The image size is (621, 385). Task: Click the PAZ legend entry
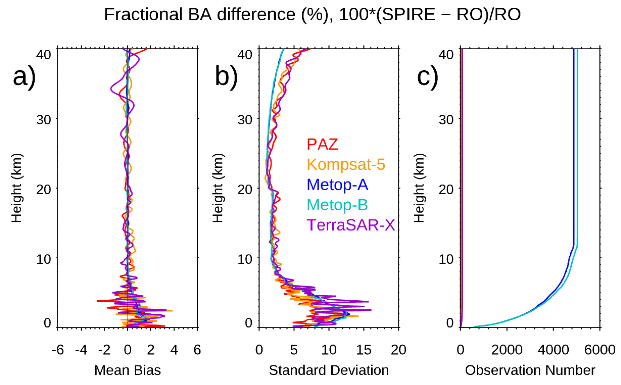point(322,144)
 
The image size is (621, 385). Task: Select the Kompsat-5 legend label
point(346,164)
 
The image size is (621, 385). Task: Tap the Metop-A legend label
point(337,185)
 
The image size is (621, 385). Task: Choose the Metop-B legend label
point(337,205)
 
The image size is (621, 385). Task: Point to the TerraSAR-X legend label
point(351,225)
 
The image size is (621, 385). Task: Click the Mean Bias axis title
point(128,370)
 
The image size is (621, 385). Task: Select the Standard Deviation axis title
point(329,370)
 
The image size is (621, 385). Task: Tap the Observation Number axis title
point(530,370)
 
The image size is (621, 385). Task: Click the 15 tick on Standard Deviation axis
point(364,350)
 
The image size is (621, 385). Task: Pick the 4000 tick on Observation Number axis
point(553,350)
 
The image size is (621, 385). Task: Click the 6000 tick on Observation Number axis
point(600,350)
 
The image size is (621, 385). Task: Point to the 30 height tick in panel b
point(245,119)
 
